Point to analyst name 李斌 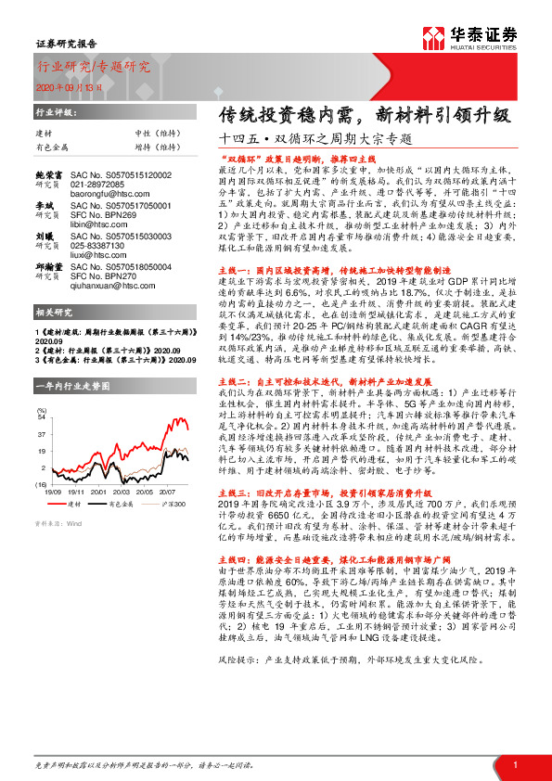coord(45,204)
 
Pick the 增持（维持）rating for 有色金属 coord(135,147)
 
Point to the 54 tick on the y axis coord(40,416)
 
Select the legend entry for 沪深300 coord(171,504)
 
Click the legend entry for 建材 coord(74,504)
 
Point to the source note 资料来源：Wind coord(58,523)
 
